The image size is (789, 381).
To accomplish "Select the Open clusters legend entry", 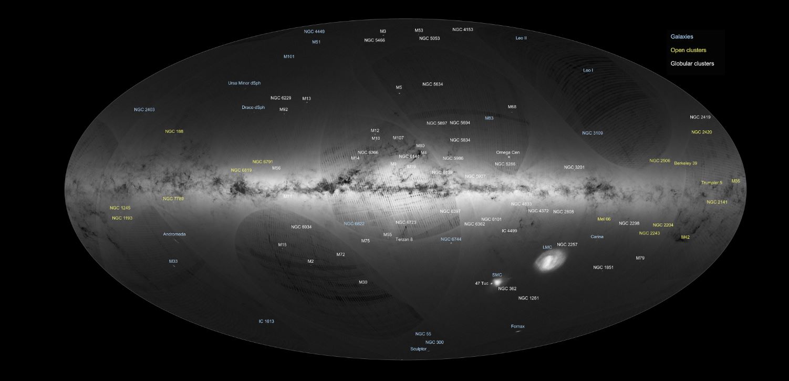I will [x=688, y=50].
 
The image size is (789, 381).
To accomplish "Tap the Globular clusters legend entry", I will [x=692, y=64].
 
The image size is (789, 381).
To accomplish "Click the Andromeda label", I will [x=174, y=234].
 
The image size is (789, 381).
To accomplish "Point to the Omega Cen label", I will [x=507, y=152].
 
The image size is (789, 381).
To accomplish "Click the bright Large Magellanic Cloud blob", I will [x=550, y=260].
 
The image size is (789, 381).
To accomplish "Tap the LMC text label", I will [x=547, y=247].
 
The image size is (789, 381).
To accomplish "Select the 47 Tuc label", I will [x=482, y=284].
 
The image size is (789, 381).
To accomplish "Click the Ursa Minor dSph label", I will [x=244, y=83].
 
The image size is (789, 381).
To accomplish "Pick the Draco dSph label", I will [x=253, y=107].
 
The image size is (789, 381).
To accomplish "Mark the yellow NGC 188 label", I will [x=174, y=131].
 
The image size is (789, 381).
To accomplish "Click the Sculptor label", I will [x=418, y=349].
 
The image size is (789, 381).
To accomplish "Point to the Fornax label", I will [x=517, y=326].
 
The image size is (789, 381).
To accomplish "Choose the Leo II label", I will [x=521, y=38].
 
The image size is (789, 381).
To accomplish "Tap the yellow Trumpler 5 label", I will [x=711, y=183].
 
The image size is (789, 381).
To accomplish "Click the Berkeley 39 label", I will [x=686, y=163].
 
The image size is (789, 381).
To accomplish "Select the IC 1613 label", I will [x=266, y=321].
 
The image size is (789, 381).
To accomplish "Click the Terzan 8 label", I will [x=404, y=239].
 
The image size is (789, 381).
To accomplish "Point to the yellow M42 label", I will [x=685, y=238].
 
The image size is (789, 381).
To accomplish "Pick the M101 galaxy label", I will [x=289, y=56].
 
